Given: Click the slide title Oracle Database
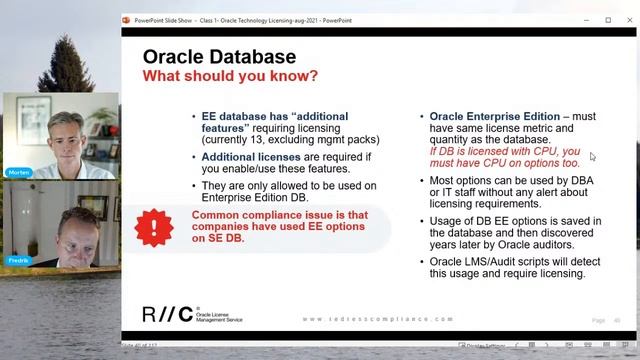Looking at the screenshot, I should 219,57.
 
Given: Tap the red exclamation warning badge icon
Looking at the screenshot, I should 154,227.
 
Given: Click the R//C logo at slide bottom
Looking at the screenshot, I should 165,313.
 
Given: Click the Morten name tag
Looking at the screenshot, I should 18,172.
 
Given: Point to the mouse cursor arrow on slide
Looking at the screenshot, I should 592,157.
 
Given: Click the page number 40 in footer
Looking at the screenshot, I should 618,320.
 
